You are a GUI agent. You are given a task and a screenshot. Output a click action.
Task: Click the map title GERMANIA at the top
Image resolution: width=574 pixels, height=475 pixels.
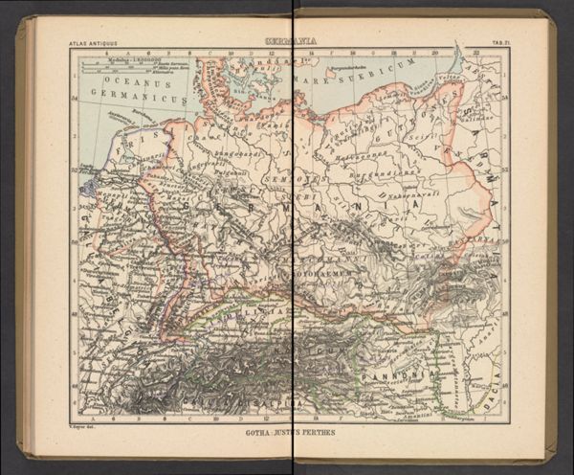coord(291,41)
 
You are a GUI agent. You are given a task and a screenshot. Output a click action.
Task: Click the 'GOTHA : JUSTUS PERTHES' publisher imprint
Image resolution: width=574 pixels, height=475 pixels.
coord(291,433)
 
